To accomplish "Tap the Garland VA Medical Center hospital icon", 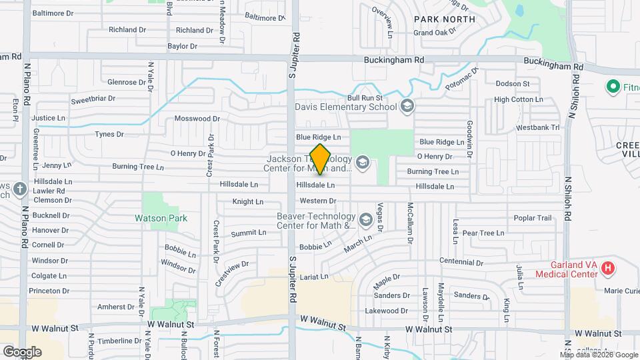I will coord(607,268).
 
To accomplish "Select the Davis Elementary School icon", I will coord(407,106).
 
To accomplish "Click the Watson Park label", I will coord(161,218).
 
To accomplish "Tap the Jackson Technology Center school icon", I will coord(363,163).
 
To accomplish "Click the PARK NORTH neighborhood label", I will coord(444,19).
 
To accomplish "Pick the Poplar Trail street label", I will coord(533,218).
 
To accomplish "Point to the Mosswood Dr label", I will coord(197,119).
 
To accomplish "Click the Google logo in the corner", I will coord(21,351).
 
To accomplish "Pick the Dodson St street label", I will coord(512,84).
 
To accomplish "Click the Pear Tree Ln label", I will coord(483,233).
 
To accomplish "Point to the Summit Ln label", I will coord(249,233).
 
